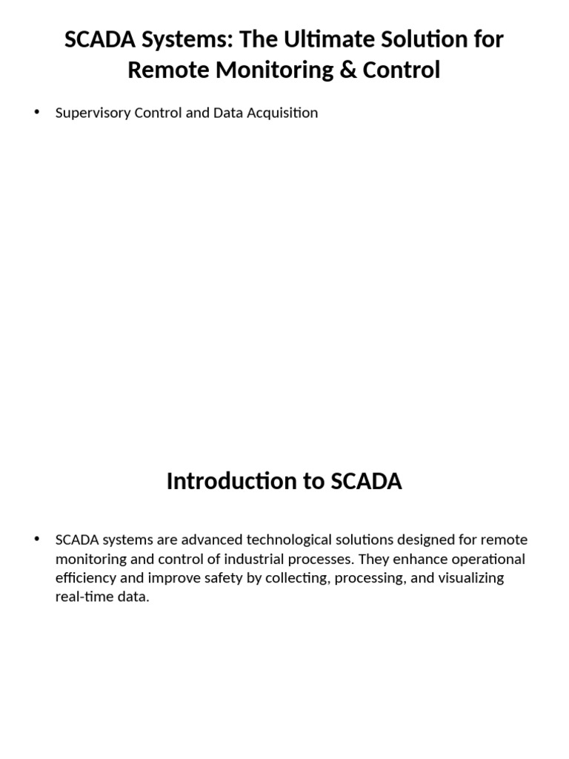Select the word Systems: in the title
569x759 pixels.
click(182, 40)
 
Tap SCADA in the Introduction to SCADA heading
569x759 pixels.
click(366, 481)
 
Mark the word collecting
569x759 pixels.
click(298, 578)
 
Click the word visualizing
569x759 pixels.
click(471, 578)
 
